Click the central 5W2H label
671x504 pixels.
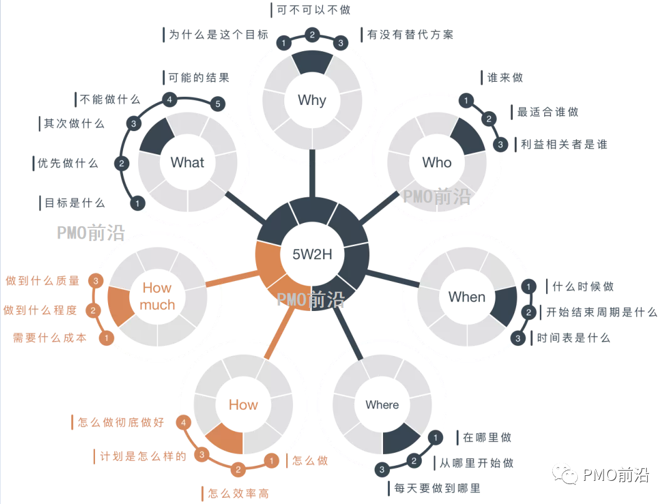coord(312,254)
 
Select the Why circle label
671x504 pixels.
coord(312,100)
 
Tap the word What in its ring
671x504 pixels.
coord(187,162)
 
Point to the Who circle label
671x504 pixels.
coord(437,162)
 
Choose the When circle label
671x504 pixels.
coord(467,297)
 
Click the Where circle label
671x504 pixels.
coord(382,405)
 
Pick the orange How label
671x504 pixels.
coord(243,405)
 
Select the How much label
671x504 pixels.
coord(157,296)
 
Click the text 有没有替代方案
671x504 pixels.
coord(410,35)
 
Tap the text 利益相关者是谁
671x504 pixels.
coord(564,144)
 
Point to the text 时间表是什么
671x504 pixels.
coord(573,338)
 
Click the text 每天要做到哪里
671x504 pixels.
coord(437,488)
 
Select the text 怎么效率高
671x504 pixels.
coord(238,493)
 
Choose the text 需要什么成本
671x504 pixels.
coord(49,338)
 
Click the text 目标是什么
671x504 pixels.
coord(75,202)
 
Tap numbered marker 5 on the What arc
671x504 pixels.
coord(218,104)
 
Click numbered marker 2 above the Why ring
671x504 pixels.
coord(312,34)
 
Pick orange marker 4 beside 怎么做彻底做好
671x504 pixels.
coord(183,423)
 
